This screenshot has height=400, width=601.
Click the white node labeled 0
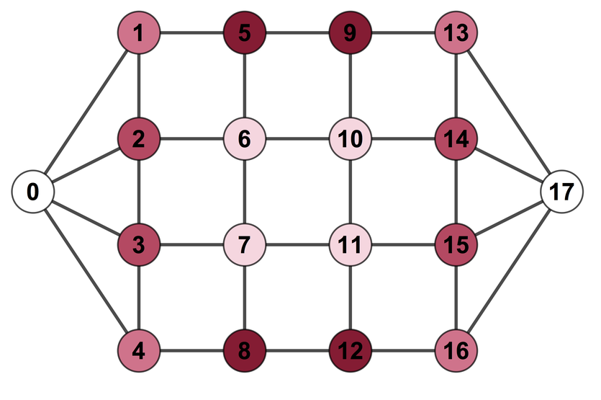[x=33, y=192]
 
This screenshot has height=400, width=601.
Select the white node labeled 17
[x=561, y=192]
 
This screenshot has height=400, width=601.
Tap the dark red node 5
[x=245, y=32]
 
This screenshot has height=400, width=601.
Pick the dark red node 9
[x=350, y=32]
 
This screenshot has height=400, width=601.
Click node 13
[x=456, y=32]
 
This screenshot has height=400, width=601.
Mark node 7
[x=245, y=244]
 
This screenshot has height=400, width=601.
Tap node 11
[x=350, y=244]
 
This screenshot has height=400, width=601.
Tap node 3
[x=139, y=244]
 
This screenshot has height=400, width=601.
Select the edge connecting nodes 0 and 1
[x=86, y=112]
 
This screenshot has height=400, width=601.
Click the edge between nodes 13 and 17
[x=509, y=112]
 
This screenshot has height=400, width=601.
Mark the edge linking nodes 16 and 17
[x=509, y=272]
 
